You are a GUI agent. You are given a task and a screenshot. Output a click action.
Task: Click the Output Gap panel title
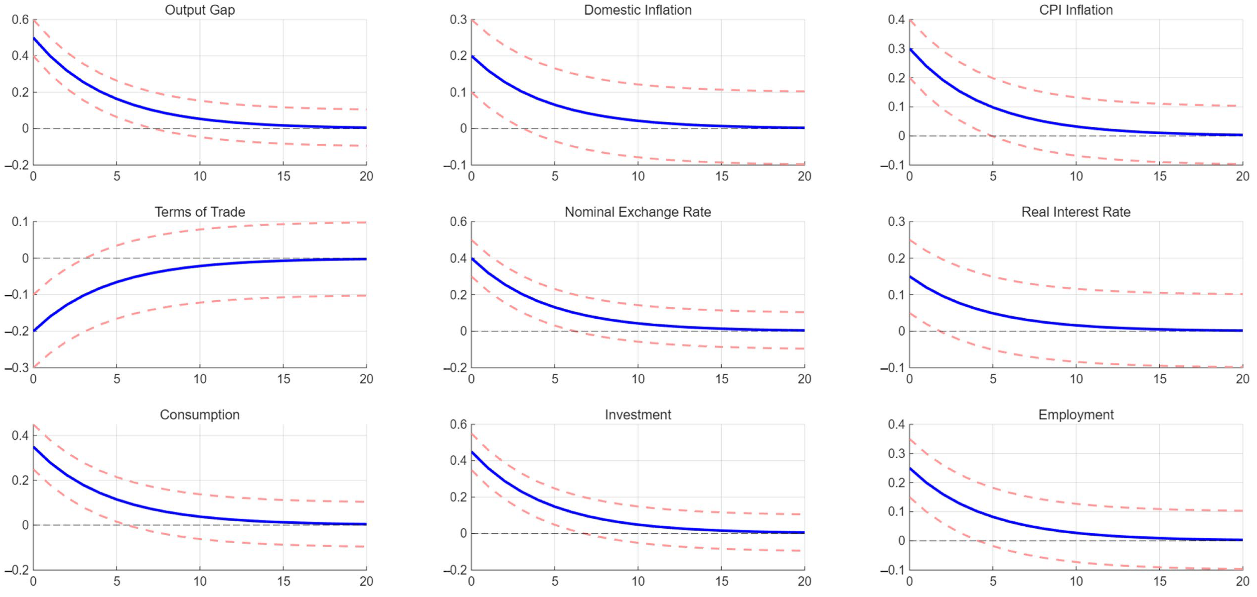point(200,10)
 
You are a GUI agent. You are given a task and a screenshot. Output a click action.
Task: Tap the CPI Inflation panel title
point(1076,10)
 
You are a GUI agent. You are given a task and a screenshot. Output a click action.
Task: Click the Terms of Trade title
point(200,212)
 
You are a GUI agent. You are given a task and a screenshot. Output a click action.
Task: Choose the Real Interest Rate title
point(1076,212)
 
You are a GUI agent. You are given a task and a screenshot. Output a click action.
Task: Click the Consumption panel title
point(200,414)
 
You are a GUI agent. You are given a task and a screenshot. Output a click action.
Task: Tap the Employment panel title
point(1076,414)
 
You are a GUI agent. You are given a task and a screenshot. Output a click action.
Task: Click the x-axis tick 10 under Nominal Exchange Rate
point(638,379)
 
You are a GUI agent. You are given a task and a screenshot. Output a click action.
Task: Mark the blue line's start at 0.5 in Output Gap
point(34,38)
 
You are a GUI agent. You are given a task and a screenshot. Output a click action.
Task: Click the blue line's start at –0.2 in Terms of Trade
point(34,331)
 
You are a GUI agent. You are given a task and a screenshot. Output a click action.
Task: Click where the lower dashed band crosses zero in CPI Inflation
point(992,136)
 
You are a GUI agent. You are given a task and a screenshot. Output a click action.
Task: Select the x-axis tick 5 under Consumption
point(117,582)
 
